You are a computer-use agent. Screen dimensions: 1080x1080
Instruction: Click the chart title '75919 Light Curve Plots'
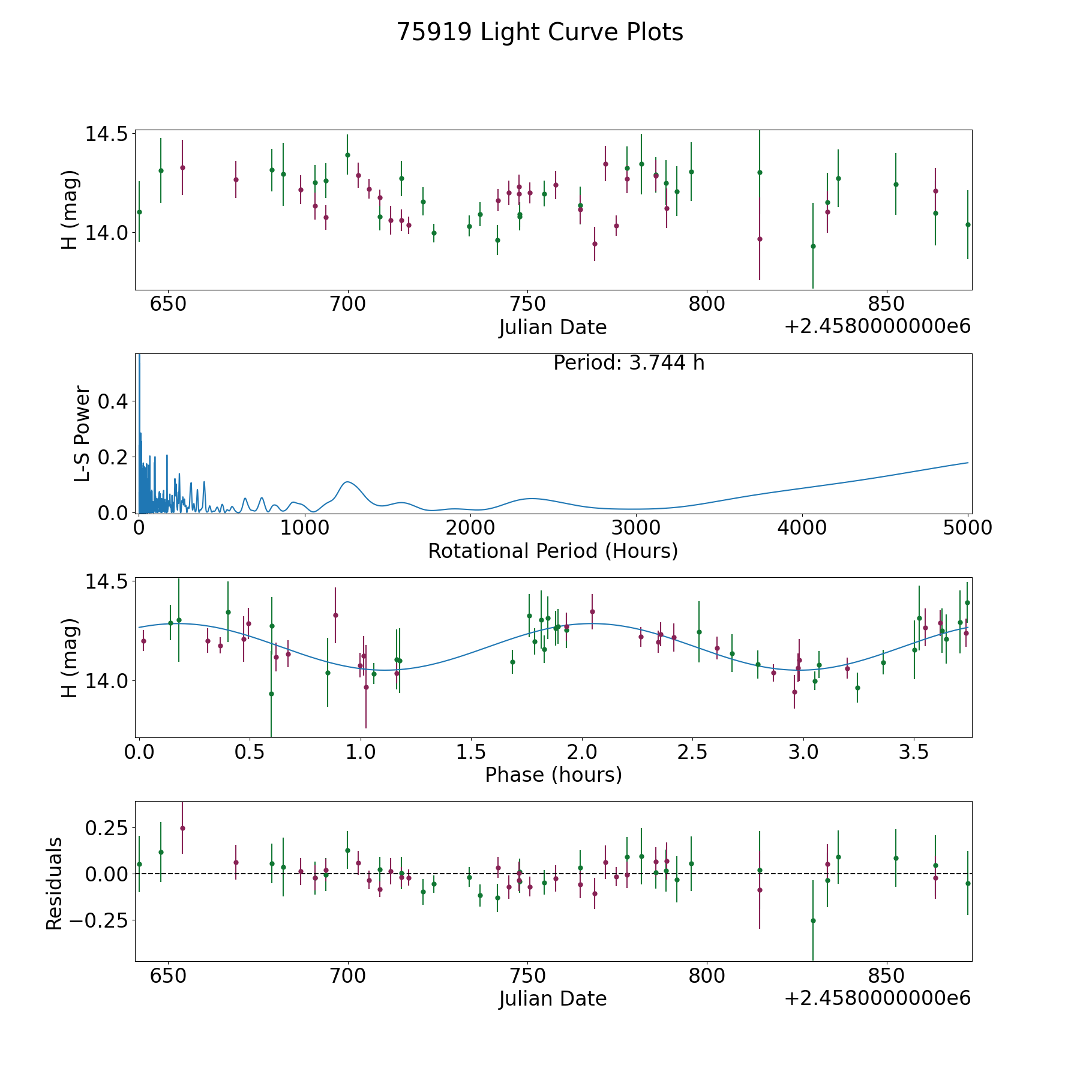tap(540, 32)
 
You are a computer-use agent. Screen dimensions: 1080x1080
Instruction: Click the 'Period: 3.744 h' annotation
tap(629, 363)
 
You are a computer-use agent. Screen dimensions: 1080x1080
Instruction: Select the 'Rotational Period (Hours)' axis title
tap(553, 551)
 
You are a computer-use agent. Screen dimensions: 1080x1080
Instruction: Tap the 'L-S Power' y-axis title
tap(82, 433)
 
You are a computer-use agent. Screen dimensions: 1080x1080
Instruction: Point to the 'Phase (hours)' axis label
tap(553, 775)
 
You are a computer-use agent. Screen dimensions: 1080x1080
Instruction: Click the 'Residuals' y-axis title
tap(54, 883)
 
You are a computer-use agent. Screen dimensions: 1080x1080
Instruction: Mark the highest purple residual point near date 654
tap(182, 828)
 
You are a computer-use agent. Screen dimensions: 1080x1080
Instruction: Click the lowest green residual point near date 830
tap(813, 920)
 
